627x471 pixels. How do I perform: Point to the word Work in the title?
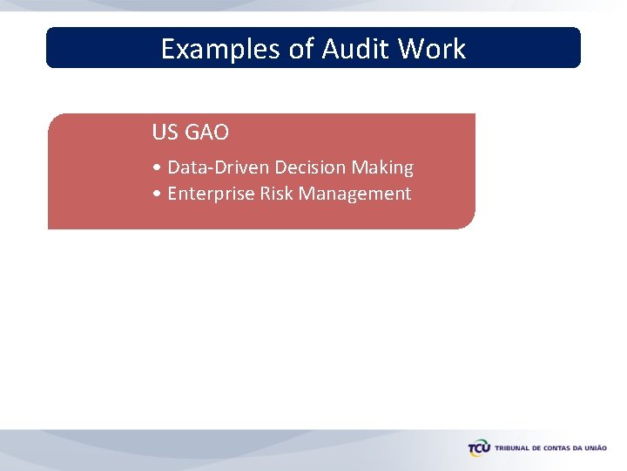click(x=432, y=49)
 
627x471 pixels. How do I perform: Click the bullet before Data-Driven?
click(x=155, y=167)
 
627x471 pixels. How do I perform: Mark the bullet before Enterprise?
click(x=155, y=194)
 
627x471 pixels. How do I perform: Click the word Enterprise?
click(x=211, y=194)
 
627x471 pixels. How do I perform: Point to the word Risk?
click(x=277, y=194)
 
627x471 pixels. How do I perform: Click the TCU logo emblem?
click(x=479, y=448)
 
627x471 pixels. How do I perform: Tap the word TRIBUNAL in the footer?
click(x=513, y=448)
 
